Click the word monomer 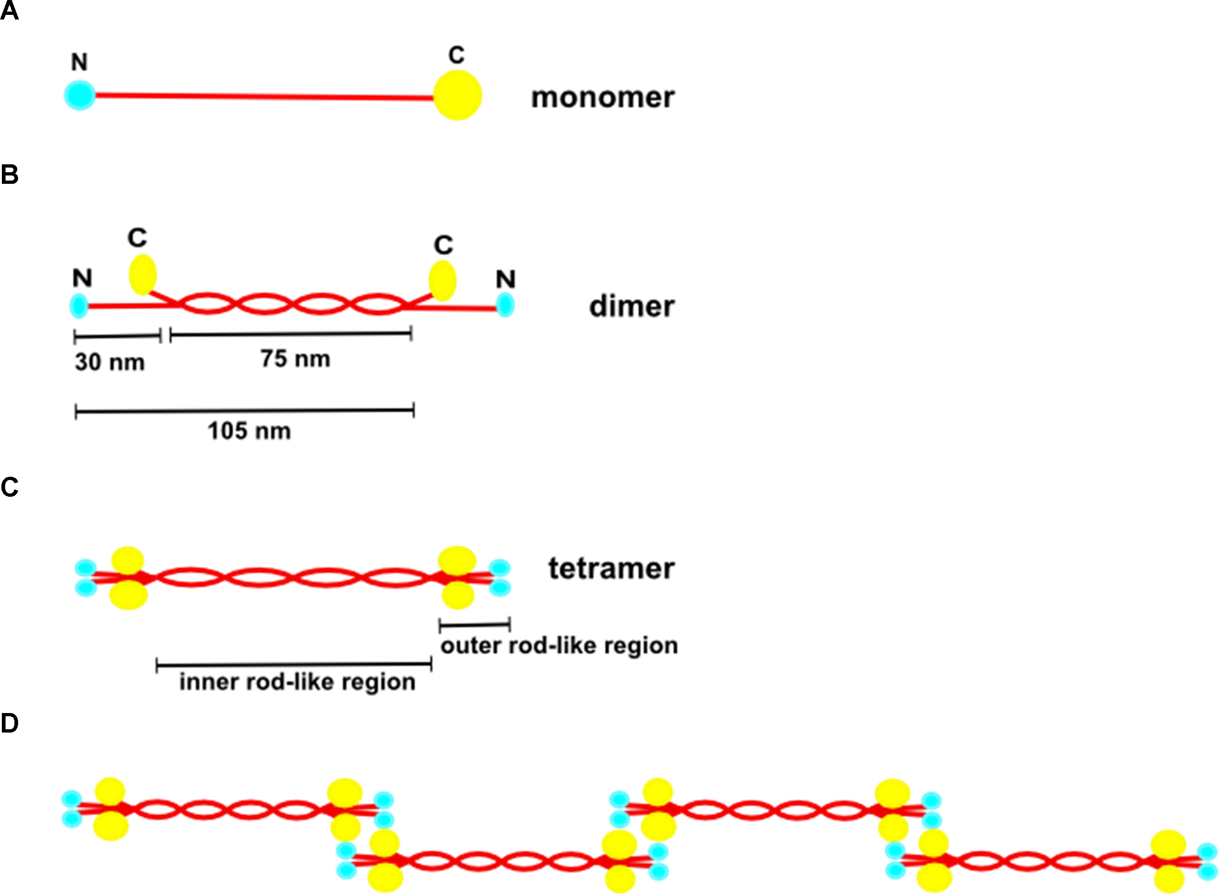602,98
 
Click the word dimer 632,307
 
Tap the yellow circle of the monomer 457,95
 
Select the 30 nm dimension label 110,362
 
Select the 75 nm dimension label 295,359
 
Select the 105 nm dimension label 249,431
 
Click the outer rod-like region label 559,645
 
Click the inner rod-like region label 297,681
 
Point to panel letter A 9,10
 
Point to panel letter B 9,175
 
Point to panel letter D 9,723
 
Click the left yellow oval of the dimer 142,275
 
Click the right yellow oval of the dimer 442,281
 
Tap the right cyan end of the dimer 505,305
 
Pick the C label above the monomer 456,55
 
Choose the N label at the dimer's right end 505,279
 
